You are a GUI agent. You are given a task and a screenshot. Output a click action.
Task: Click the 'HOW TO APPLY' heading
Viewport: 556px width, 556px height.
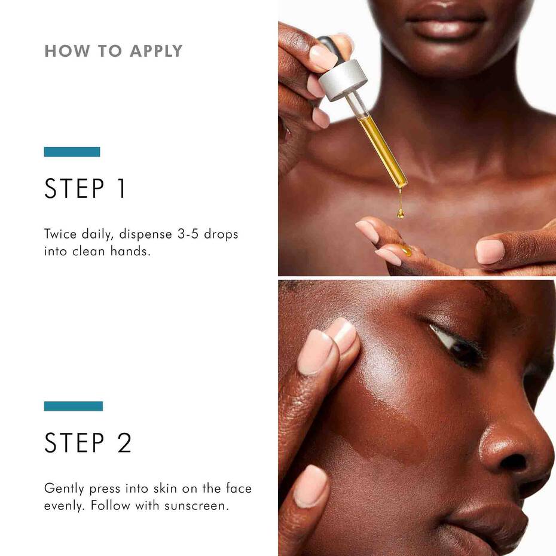(113, 51)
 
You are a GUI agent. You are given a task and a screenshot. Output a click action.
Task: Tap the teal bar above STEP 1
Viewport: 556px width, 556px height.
(72, 152)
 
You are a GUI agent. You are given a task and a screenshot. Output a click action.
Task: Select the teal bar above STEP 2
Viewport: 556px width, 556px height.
(73, 406)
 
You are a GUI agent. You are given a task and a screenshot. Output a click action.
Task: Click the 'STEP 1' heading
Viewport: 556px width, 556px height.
(85, 188)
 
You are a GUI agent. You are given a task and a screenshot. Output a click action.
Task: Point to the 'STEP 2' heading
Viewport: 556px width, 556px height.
(88, 443)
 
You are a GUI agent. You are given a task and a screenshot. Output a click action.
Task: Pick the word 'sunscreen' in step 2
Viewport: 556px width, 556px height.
(201, 506)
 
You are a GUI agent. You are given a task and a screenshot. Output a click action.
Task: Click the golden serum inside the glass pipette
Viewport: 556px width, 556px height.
(383, 146)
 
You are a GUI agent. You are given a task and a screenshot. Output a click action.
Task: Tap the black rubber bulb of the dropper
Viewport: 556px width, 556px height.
(331, 48)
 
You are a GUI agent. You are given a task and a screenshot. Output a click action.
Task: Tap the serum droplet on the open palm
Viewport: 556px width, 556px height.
(407, 252)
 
